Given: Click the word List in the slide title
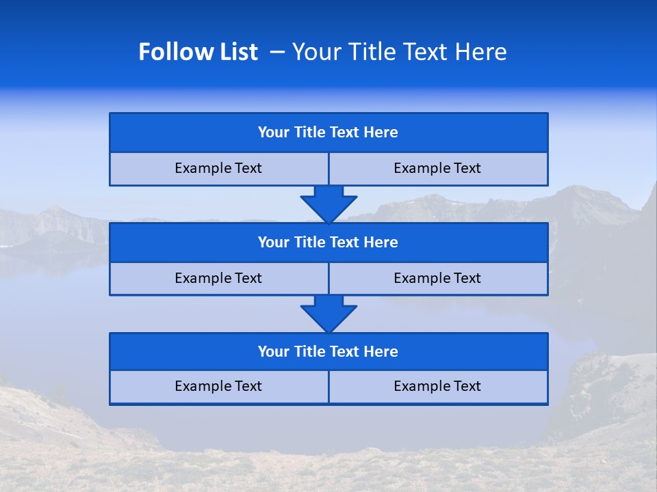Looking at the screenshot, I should [x=235, y=52].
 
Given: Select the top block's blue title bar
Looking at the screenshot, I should [x=328, y=133].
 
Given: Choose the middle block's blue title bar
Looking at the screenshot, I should [x=328, y=242].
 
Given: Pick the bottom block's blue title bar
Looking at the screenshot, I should [x=328, y=351].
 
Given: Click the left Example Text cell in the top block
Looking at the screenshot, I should [x=218, y=168].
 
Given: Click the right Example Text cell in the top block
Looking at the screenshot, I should [x=437, y=168].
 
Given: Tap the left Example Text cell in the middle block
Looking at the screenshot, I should [x=218, y=278].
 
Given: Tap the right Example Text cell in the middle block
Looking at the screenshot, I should [x=437, y=278].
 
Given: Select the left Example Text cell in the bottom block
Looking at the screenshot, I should [x=218, y=386].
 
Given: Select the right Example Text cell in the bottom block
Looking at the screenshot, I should [x=437, y=386].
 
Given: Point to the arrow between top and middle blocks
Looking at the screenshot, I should [x=328, y=204].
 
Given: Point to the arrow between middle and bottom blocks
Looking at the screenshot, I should [x=328, y=314].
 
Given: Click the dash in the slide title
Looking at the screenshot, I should [x=277, y=52].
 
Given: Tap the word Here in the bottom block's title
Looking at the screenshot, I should [x=381, y=351].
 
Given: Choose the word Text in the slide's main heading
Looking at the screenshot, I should [x=424, y=52].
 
